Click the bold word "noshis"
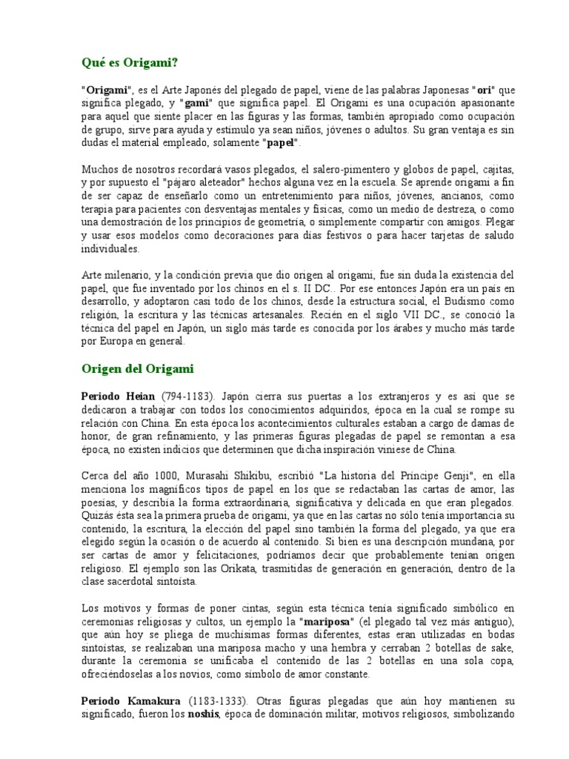(205, 715)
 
